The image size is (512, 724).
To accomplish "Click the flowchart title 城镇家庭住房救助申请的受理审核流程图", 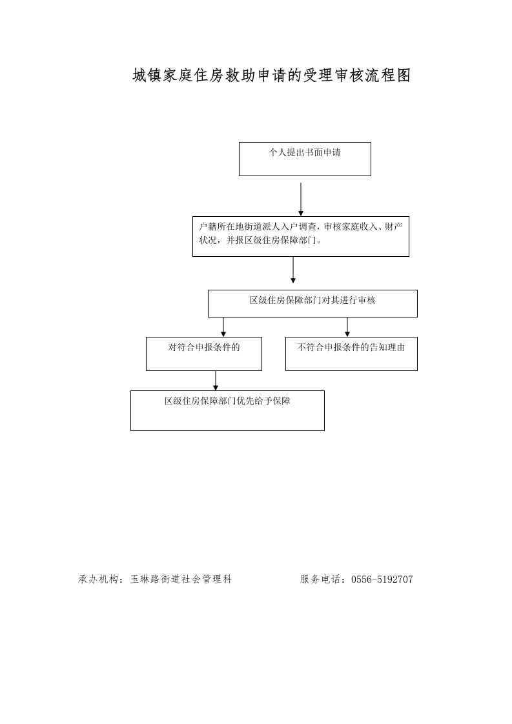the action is (272, 75).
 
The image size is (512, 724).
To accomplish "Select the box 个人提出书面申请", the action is (305, 159).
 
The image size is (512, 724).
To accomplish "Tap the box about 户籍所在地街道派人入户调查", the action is (301, 236).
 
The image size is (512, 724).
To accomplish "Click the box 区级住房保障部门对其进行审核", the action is (313, 303).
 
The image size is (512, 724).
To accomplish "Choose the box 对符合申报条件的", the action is (204, 354).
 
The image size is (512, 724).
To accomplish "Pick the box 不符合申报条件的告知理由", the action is (352, 354).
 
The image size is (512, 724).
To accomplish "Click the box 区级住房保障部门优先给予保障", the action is (227, 410).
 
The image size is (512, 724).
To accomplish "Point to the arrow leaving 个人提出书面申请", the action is (301, 199).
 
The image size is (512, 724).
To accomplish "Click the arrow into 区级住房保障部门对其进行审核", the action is (293, 270).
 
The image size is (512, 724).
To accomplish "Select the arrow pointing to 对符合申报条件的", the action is (223, 327).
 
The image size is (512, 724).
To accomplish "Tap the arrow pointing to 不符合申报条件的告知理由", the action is (347, 327).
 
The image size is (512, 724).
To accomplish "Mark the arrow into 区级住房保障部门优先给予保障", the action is (216, 381).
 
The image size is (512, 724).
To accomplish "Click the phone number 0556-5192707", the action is (382, 579).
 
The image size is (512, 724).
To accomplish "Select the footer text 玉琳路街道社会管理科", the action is (181, 579).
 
